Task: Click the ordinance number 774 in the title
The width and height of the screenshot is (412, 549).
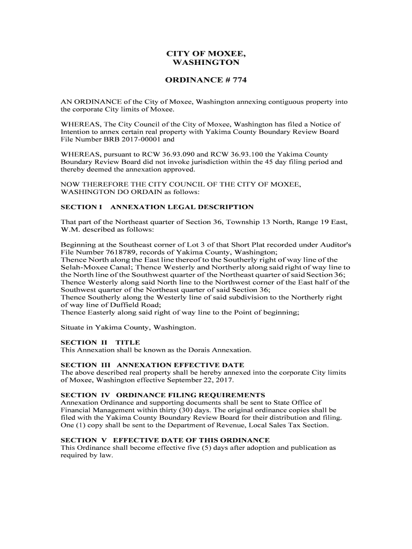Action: coord(239,80)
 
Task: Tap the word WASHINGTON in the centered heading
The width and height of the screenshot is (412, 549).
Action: coord(206,63)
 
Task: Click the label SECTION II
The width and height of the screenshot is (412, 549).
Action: coord(84,342)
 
